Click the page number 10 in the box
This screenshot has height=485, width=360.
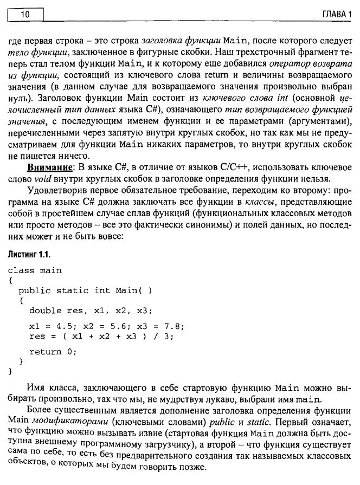(x=24, y=14)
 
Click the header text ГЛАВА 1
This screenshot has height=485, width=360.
(x=336, y=14)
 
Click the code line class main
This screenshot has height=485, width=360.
(x=35, y=270)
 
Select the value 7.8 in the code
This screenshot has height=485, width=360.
(x=175, y=326)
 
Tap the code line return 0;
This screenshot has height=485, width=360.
(x=53, y=352)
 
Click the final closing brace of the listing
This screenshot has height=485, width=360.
(x=10, y=372)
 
